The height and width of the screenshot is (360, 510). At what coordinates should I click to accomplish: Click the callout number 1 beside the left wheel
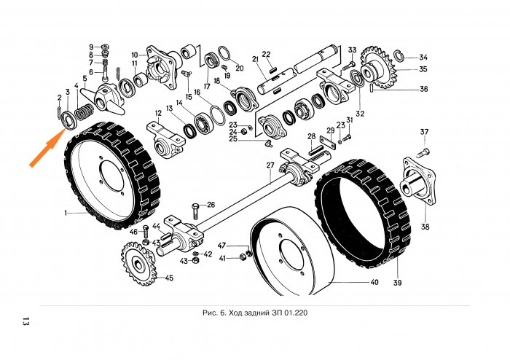pos(66,214)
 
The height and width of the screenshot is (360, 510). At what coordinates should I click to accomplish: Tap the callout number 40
pos(374,282)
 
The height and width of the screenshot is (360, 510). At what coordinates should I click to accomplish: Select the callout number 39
pos(399,281)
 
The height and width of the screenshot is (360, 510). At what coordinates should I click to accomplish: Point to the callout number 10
pos(135,55)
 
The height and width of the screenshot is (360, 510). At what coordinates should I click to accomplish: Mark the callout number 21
pos(256,59)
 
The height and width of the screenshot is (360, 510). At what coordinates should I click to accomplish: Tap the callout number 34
pos(423,57)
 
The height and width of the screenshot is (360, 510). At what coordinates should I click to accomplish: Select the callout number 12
pos(157,114)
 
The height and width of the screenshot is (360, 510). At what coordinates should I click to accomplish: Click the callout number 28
pos(310,136)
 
